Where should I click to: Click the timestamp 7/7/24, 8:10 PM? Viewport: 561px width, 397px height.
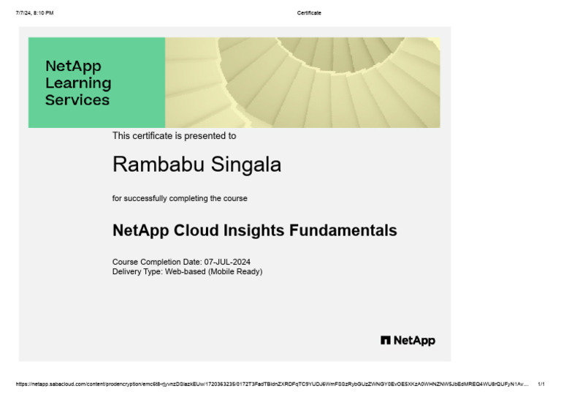pos(34,12)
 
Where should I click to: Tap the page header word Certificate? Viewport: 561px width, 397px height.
pos(309,12)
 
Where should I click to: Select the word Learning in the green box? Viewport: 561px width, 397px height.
pos(78,83)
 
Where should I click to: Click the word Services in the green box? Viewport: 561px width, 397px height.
pos(77,100)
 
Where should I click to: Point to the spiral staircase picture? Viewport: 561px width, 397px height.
pos(302,83)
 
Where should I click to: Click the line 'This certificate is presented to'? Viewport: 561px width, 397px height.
pos(174,136)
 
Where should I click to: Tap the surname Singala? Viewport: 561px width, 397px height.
pos(246,165)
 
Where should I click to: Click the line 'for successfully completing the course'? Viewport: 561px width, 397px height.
pos(180,198)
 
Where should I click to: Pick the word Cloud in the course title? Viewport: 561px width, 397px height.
pos(197,230)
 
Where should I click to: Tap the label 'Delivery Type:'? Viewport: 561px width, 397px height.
pos(137,271)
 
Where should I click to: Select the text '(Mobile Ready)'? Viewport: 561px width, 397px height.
pos(234,271)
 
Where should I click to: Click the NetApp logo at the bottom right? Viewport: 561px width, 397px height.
pos(408,341)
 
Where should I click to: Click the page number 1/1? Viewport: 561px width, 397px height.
pos(541,383)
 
